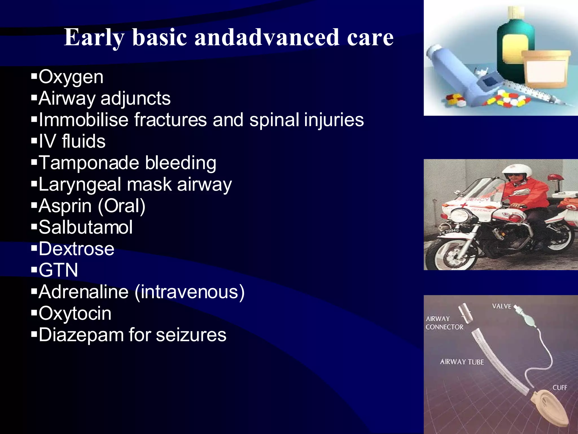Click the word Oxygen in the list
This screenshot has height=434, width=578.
pos(71,77)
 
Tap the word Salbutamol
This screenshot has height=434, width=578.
pos(86,227)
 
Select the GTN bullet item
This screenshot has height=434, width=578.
pos(58,270)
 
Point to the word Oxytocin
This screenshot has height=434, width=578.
pos(75,313)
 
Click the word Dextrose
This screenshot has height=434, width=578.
pos(76,249)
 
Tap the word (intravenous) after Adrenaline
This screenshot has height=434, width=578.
pos(190,292)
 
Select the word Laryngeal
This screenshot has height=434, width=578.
pos(80,185)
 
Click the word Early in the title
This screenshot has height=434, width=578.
pos(94,37)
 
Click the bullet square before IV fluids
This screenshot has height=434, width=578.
pos(34,141)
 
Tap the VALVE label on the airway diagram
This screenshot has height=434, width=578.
pos(502,306)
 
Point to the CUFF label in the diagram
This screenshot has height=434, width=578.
pos(559,388)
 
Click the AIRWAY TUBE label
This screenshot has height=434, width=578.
pos(462,362)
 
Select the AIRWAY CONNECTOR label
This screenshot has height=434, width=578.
pos(444,323)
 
